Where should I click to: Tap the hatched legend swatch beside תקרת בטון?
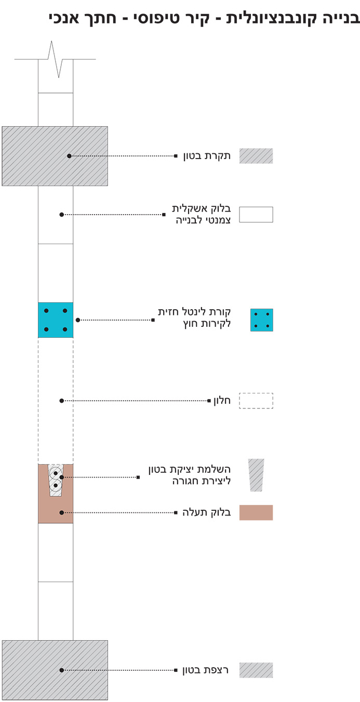point(256,156)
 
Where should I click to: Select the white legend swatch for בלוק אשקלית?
point(256,215)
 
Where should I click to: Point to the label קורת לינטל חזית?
point(195,312)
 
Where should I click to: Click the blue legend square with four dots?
point(261,320)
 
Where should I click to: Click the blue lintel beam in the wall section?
point(56,320)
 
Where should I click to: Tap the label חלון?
point(221,401)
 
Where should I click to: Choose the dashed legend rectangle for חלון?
point(256,401)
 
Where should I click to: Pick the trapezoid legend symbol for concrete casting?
point(256,475)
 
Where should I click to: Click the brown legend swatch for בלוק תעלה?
point(256,512)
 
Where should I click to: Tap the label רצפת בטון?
point(206,670)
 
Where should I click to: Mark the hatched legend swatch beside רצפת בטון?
point(256,670)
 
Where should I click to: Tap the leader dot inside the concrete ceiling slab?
point(69,156)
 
